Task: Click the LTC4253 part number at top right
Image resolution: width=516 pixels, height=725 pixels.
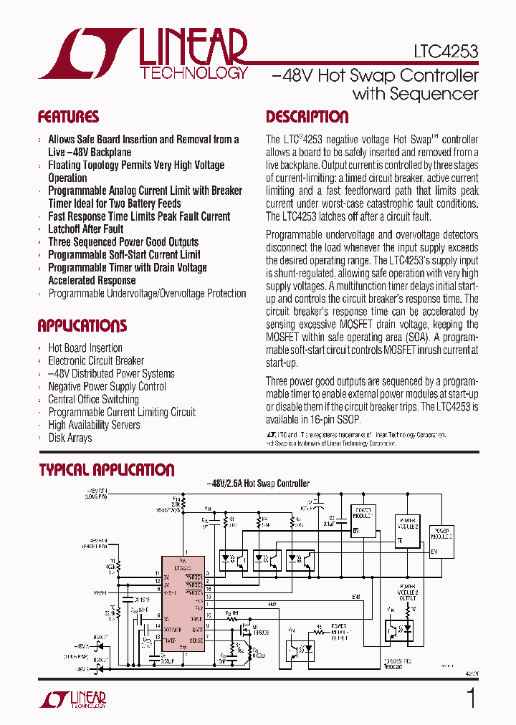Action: pos(445,52)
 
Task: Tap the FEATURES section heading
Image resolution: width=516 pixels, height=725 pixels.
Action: pos(68,117)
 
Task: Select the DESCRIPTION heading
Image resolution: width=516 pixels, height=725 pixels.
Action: pos(307,117)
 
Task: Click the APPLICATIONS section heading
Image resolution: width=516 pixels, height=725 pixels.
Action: pos(82,326)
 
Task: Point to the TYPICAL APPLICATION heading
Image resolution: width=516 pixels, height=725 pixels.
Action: pos(106,470)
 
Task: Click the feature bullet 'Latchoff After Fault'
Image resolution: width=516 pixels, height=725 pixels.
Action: pos(85,229)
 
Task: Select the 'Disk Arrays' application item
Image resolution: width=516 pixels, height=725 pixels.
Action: pos(70,438)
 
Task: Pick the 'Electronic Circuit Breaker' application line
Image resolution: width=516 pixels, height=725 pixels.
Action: pos(96,360)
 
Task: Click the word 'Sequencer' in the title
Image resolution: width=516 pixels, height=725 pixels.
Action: pos(415,94)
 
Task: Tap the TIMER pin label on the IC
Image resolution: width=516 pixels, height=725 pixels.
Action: pos(170,639)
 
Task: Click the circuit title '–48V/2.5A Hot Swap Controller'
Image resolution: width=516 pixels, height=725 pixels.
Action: pos(258,484)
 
